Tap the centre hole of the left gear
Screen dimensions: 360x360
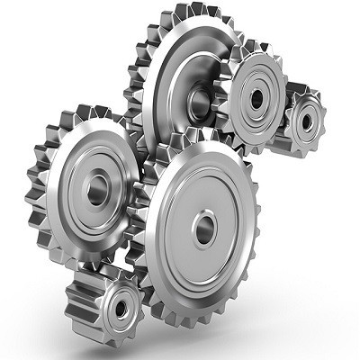96,188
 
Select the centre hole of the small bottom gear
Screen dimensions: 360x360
120,308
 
